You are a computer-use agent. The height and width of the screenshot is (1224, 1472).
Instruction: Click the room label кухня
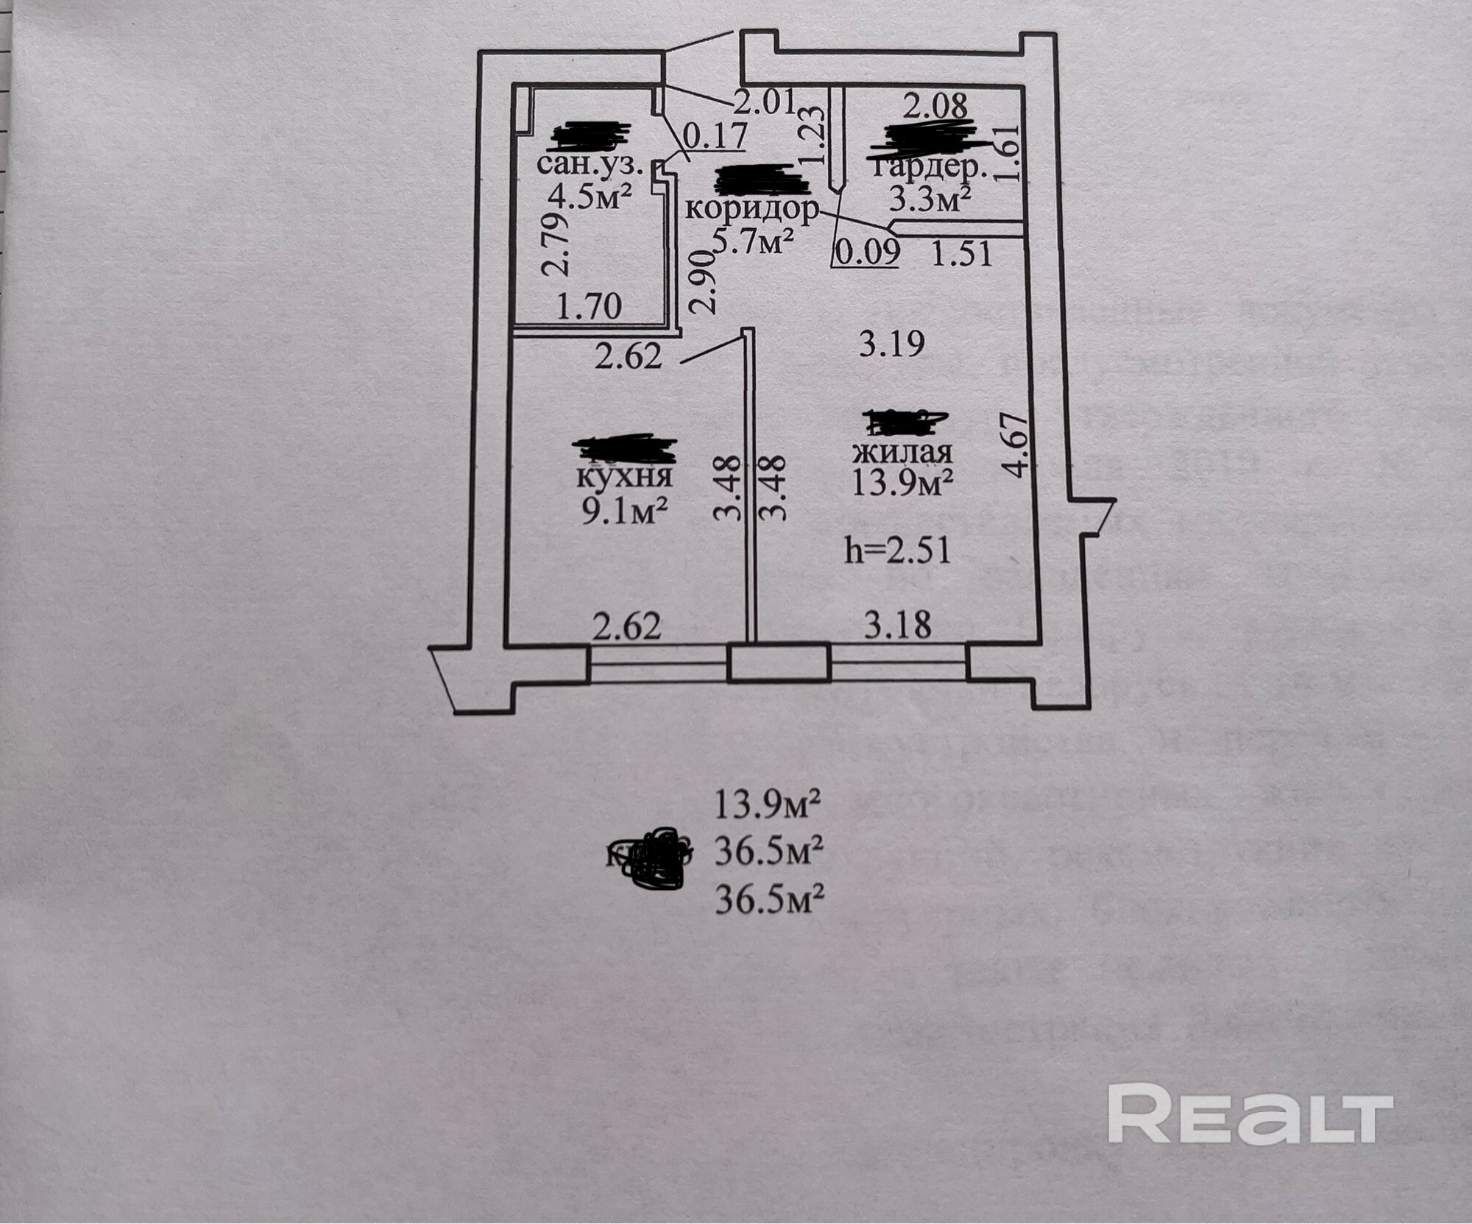click(624, 477)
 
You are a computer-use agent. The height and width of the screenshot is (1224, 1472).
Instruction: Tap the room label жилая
click(902, 451)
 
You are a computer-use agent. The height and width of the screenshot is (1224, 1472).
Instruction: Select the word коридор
click(751, 210)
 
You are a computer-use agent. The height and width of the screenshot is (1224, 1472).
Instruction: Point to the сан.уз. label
click(591, 163)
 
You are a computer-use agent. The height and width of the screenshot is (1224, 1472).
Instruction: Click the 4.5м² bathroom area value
click(590, 197)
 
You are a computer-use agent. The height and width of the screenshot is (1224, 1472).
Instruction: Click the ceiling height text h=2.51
click(897, 550)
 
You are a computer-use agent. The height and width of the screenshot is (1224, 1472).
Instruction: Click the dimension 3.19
click(892, 344)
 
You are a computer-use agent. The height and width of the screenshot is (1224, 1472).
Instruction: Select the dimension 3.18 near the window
click(897, 626)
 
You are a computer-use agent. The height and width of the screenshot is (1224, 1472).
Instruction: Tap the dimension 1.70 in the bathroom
click(590, 305)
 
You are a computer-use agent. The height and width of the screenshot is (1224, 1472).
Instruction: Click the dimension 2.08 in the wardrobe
click(935, 106)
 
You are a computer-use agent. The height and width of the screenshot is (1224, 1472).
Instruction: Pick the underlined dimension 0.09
click(866, 252)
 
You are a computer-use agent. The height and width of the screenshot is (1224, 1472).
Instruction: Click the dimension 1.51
click(962, 254)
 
